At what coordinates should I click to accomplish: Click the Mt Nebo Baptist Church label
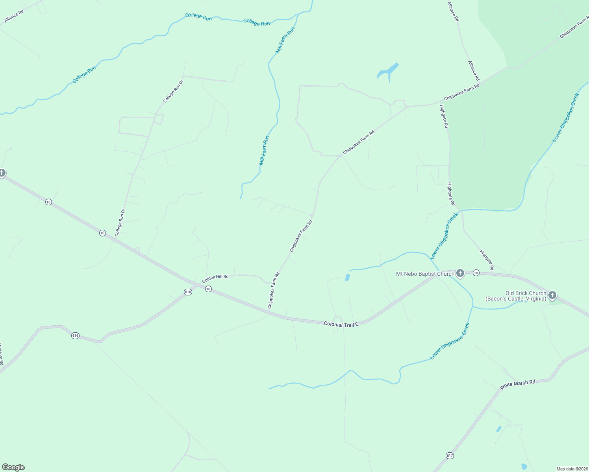click(x=425, y=274)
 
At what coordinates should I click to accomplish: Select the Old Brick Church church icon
click(x=552, y=295)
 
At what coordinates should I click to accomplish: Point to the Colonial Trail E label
click(x=341, y=324)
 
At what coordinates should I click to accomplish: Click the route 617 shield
click(x=450, y=455)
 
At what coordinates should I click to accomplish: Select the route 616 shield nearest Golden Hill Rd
click(x=188, y=292)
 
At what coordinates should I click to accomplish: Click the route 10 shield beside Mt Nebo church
click(x=476, y=273)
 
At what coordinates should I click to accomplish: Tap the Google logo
click(x=13, y=467)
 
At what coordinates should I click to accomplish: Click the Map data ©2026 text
click(x=571, y=469)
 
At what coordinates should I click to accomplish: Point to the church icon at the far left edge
click(x=2, y=173)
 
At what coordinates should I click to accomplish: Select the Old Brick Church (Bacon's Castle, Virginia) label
click(x=516, y=296)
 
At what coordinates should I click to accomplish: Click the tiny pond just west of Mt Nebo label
click(x=347, y=278)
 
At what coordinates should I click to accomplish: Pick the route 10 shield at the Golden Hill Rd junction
click(x=208, y=289)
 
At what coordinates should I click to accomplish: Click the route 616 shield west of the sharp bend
click(x=76, y=336)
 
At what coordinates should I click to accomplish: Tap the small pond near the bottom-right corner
click(x=524, y=466)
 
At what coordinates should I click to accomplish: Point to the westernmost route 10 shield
click(x=48, y=202)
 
